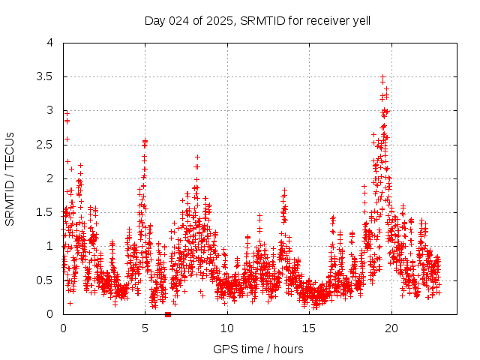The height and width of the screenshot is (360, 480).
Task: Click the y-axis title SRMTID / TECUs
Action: pos(10,178)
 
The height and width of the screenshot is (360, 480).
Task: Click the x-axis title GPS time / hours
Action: pos(258,349)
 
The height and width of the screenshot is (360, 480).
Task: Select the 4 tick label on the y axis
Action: pos(49,43)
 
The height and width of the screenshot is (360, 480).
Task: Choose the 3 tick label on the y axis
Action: pos(49,110)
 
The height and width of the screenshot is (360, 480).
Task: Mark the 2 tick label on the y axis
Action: pos(49,178)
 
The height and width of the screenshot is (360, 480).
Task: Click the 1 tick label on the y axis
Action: pos(49,246)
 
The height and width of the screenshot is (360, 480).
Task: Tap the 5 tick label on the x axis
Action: pos(145,328)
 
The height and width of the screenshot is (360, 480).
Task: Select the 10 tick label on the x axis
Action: pos(227,328)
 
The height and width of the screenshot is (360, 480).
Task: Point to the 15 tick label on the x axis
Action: pos(309,328)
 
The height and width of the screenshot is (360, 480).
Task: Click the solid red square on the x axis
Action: pos(167,314)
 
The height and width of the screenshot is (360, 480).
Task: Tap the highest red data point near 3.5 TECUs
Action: pos(382,76)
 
